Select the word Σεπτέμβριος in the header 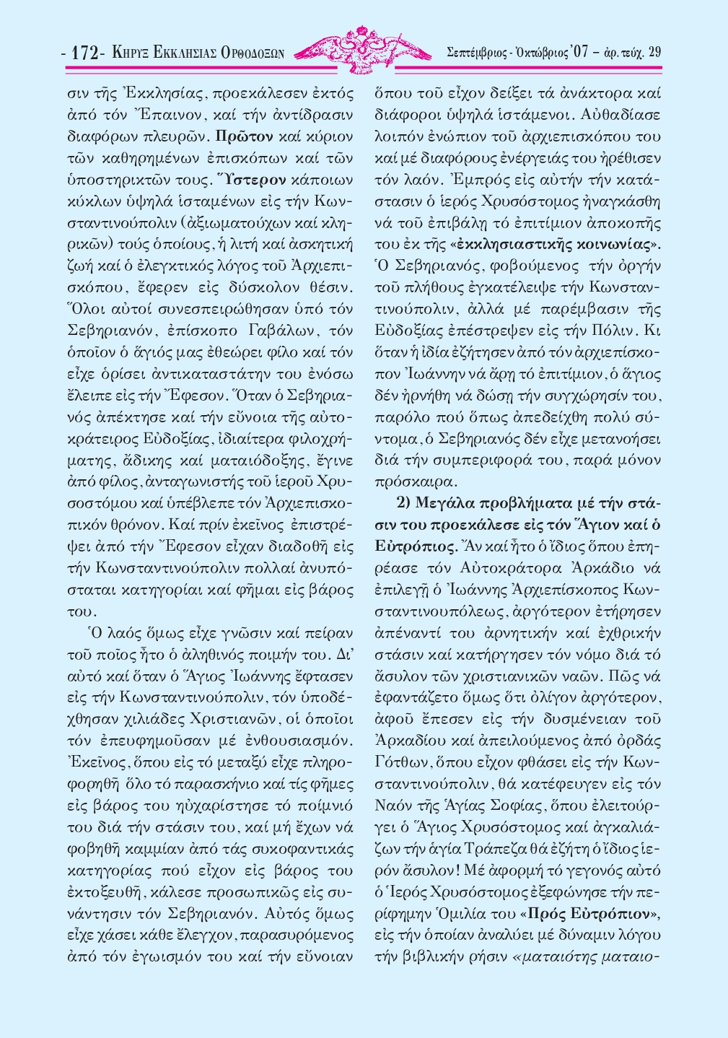[480, 52]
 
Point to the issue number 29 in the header [654, 52]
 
